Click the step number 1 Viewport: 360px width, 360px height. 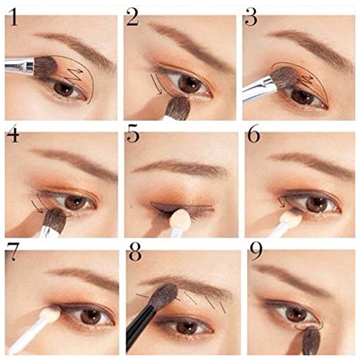tap(14, 17)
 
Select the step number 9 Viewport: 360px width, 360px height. tap(256, 251)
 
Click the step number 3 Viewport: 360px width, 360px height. tap(251, 17)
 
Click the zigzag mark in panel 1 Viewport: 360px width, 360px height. tap(74, 75)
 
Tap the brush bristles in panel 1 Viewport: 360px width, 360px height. tap(45, 67)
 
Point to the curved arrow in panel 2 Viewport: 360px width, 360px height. tap(157, 85)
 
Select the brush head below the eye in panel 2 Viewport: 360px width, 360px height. tap(178, 107)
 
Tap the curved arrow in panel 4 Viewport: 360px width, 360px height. tap(37, 207)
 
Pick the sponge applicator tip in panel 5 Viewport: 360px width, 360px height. tap(180, 218)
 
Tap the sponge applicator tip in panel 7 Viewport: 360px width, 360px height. tap(50, 315)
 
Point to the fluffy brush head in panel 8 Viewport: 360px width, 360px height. tap(165, 296)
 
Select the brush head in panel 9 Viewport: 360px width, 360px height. tap(311, 342)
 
